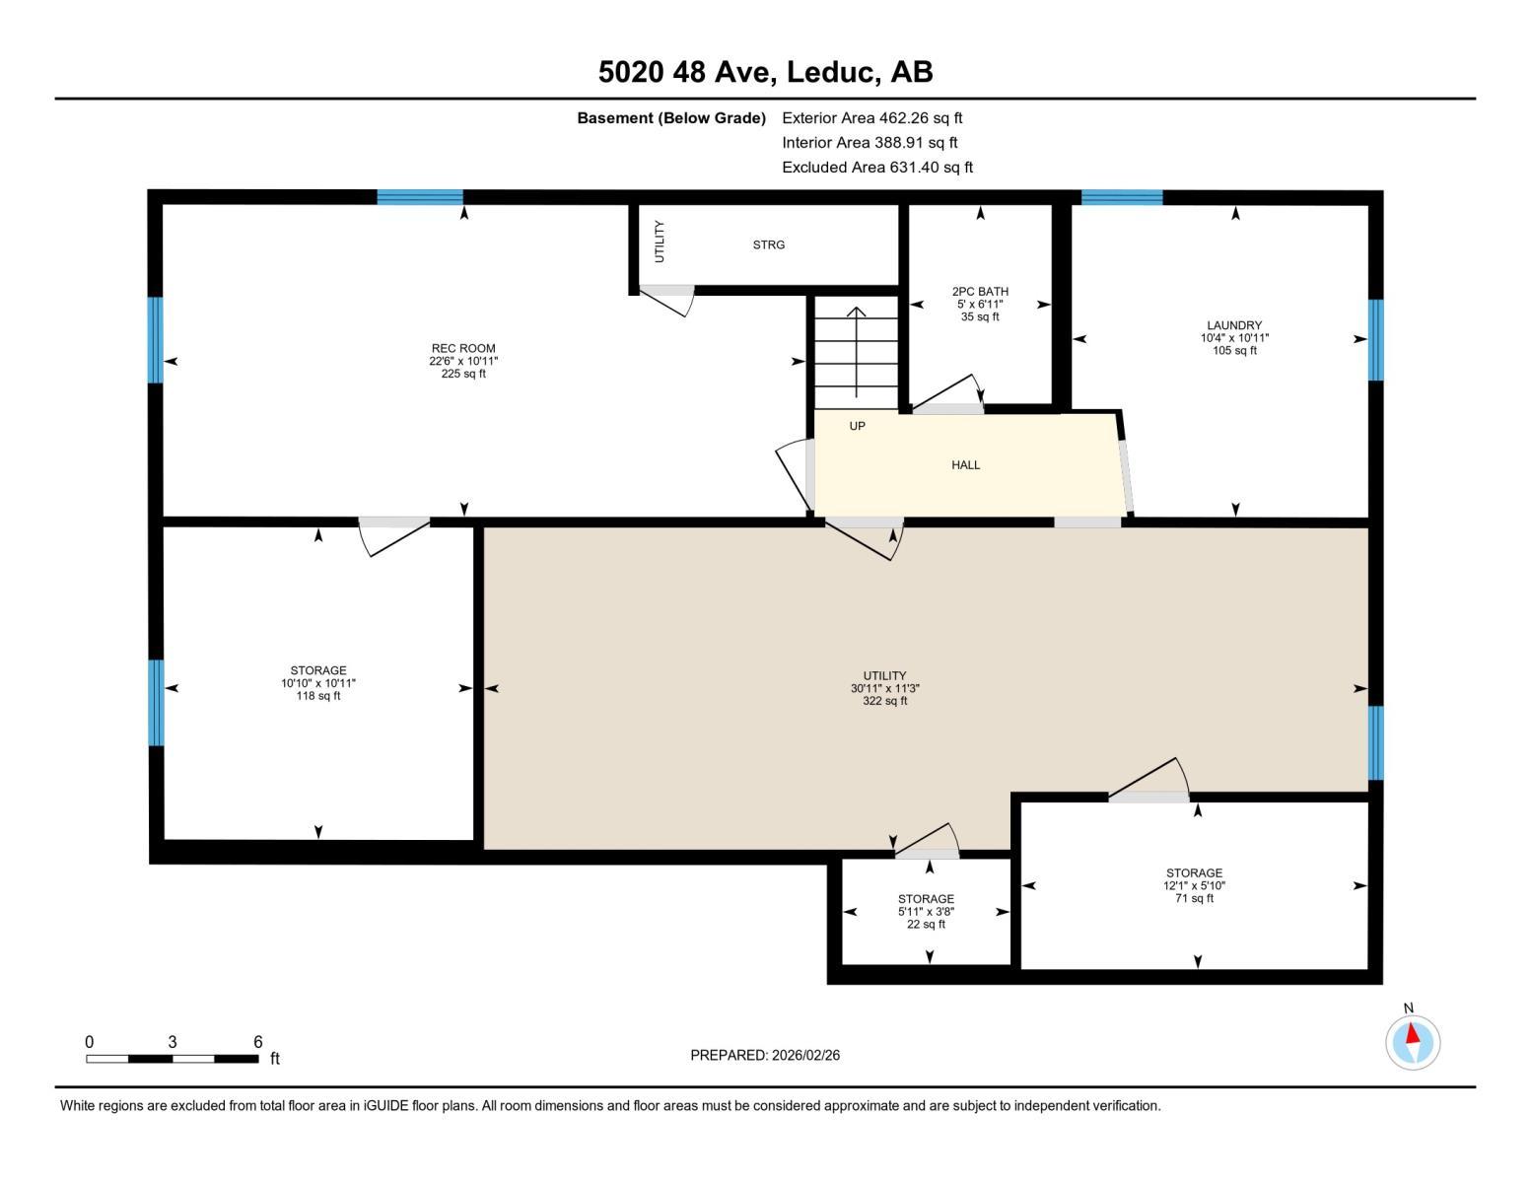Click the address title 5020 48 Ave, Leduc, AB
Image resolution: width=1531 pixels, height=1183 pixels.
[x=765, y=72]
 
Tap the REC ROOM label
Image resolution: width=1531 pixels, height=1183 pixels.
[x=463, y=348]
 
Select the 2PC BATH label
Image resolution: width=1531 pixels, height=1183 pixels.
[x=980, y=292]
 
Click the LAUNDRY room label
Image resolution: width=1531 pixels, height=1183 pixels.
[x=1234, y=325]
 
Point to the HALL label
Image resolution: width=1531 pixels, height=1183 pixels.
[x=965, y=465]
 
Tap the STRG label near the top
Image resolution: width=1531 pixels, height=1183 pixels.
[x=769, y=244]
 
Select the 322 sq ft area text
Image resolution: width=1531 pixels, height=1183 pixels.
[x=884, y=701]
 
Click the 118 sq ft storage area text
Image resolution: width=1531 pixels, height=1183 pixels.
[x=318, y=696]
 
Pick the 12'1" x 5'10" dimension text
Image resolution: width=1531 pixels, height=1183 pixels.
[x=1194, y=885]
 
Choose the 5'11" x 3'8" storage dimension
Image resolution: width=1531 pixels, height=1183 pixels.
[x=926, y=912]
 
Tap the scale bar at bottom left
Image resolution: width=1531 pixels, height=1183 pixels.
[x=173, y=1059]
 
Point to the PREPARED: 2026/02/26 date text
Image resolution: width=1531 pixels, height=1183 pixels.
[x=765, y=1055]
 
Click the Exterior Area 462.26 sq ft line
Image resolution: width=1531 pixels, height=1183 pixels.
[x=871, y=118]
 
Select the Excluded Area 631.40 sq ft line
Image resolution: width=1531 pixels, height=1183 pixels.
[x=876, y=168]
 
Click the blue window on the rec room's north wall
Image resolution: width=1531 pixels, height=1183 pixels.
[x=420, y=197]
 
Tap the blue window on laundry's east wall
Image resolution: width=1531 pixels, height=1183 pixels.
[x=1375, y=340]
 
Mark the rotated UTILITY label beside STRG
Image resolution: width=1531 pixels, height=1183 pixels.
[x=660, y=242]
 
